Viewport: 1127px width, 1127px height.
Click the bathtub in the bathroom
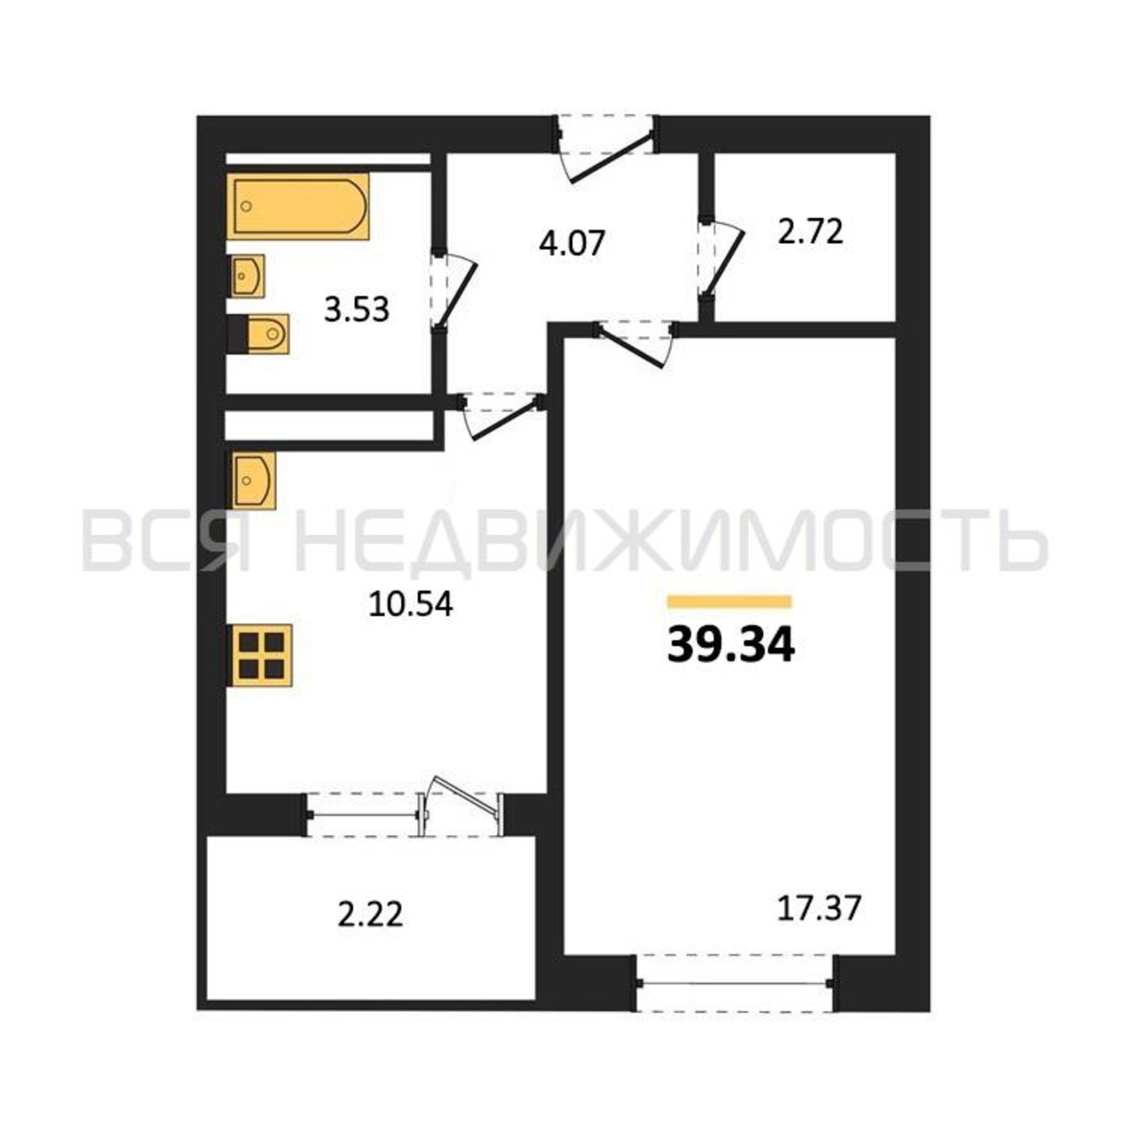click(298, 206)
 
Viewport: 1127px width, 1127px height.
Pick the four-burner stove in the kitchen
click(260, 656)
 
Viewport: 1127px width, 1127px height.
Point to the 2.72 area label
click(811, 232)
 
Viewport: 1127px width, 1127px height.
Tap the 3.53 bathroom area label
click(357, 310)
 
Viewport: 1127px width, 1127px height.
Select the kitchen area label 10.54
click(411, 604)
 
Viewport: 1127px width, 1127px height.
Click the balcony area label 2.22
click(370, 914)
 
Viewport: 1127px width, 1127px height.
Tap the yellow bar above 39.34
click(730, 601)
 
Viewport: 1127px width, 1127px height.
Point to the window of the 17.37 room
click(736, 983)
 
